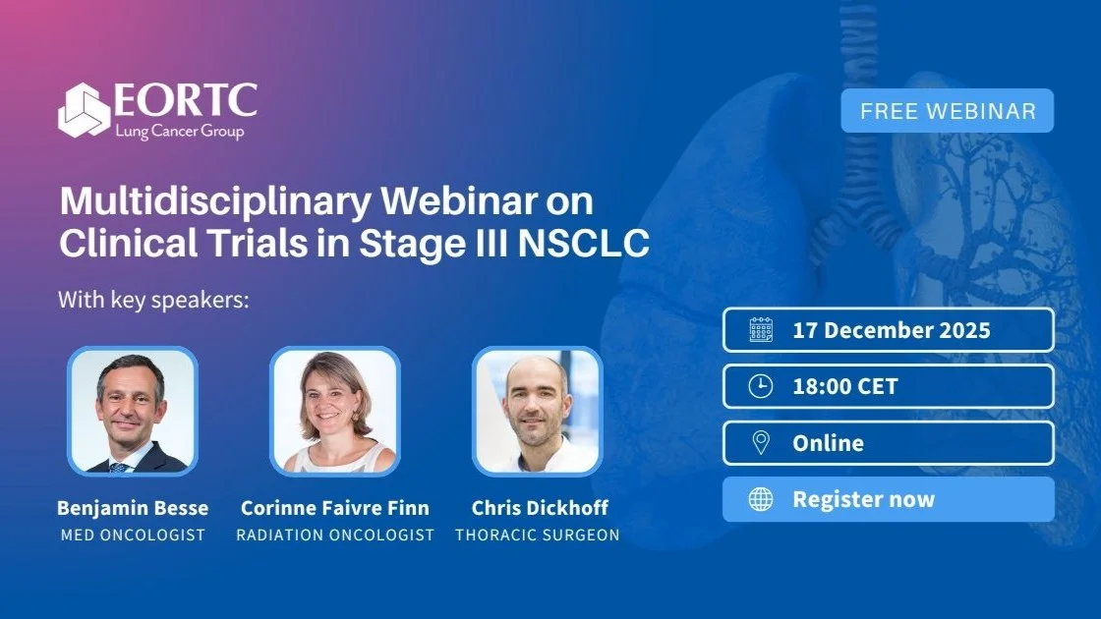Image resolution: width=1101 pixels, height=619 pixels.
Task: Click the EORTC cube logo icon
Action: tap(85, 110)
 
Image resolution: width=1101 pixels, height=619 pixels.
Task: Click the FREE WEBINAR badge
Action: tap(948, 111)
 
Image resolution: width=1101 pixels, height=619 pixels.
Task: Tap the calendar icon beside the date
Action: tap(761, 330)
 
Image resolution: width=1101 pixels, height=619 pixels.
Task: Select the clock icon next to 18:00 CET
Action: tap(761, 386)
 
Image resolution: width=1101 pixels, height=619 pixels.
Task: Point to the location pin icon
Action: tap(761, 443)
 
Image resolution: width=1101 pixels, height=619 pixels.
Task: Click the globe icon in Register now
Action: tap(761, 499)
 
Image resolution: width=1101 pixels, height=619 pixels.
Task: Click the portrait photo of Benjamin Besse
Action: tap(133, 412)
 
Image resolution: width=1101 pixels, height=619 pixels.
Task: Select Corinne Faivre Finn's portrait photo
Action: tap(335, 412)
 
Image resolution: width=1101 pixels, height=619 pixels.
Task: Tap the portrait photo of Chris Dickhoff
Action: tap(538, 412)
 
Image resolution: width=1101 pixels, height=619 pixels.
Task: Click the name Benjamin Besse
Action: tap(133, 507)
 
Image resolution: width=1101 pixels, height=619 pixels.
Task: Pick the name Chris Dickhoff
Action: tap(540, 507)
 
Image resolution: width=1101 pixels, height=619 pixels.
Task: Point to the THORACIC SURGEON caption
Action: tap(538, 535)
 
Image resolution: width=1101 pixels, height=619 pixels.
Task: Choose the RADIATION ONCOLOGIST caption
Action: tap(335, 535)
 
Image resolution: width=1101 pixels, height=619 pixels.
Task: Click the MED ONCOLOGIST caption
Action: tap(133, 535)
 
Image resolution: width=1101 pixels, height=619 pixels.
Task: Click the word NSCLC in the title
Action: tap(584, 244)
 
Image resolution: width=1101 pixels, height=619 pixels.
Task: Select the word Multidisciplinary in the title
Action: tap(215, 202)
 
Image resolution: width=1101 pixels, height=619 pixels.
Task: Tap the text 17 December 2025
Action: tap(892, 330)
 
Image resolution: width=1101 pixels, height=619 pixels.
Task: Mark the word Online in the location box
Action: tap(829, 443)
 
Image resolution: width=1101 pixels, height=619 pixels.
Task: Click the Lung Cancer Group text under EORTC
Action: tap(180, 132)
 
